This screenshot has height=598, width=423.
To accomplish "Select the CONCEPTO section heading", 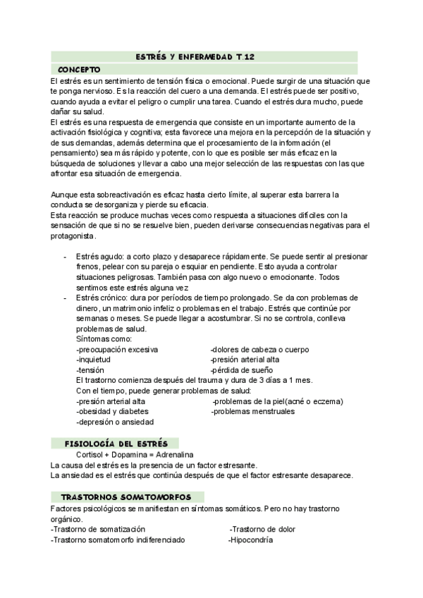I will click(80, 69).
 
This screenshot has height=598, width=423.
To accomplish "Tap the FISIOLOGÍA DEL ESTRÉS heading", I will click(116, 444).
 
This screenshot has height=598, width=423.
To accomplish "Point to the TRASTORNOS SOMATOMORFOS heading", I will click(128, 496).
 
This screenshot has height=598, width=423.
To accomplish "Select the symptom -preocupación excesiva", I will click(116, 350).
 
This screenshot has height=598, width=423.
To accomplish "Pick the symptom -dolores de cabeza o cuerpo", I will click(259, 350).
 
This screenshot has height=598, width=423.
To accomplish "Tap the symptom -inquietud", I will click(93, 360).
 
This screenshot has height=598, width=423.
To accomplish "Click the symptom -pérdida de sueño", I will click(242, 370).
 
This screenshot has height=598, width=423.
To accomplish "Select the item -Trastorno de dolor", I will click(262, 529).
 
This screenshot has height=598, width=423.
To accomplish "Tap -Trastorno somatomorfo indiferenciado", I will click(118, 540).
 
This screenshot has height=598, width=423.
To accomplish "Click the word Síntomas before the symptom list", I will click(92, 339).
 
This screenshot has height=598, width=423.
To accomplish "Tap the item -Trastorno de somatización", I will click(98, 529).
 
